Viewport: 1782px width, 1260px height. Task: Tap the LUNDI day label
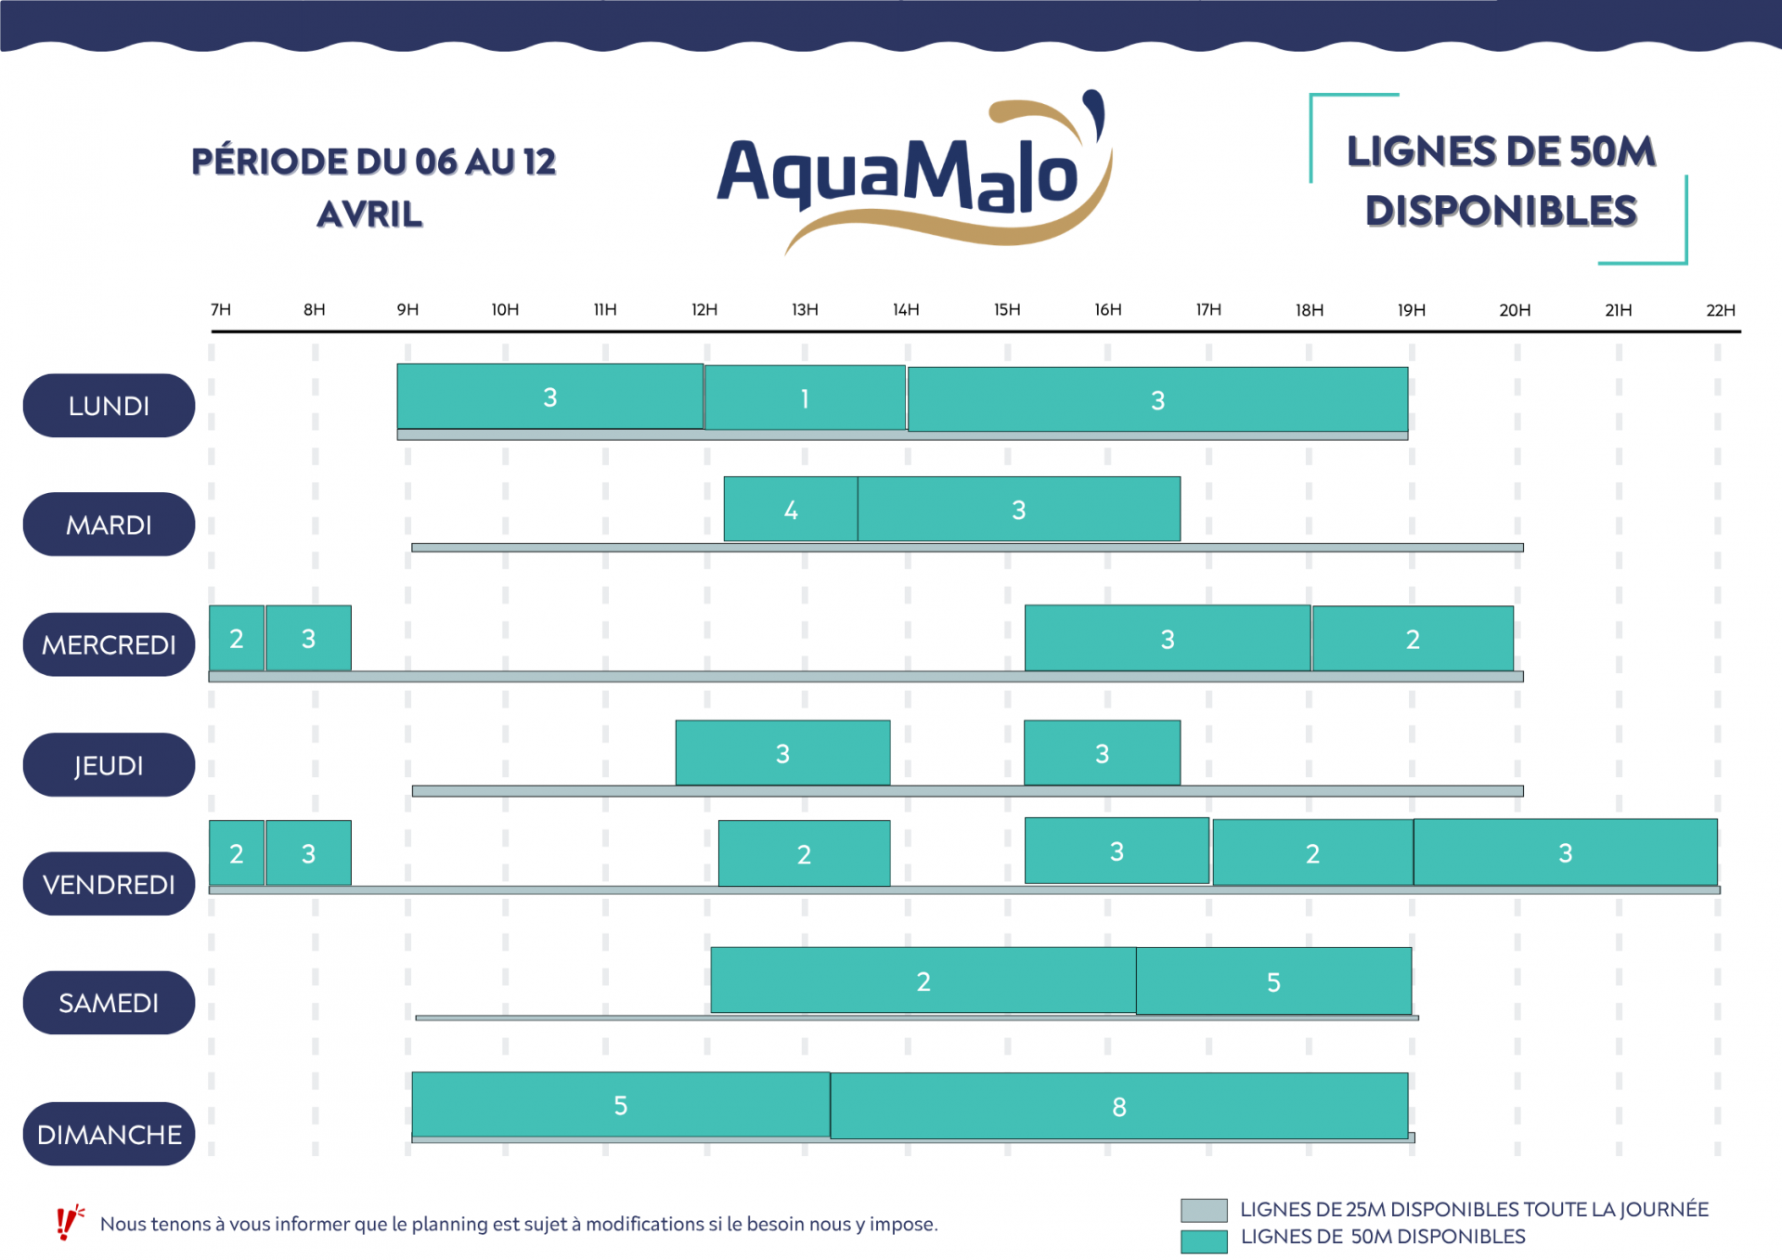[x=109, y=406]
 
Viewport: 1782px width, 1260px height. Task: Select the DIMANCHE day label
[x=109, y=1134]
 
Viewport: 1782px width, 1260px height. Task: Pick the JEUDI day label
[x=109, y=765]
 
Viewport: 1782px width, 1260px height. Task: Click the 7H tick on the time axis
[x=221, y=310]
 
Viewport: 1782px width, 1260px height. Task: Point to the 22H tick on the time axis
[x=1720, y=310]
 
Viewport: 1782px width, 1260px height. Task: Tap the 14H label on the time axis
[x=906, y=310]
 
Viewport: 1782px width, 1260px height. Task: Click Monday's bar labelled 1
[x=805, y=398]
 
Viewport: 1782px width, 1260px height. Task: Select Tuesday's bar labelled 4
[x=791, y=509]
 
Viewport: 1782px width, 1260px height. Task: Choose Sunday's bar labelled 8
[x=1119, y=1106]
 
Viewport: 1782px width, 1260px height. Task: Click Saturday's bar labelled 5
[x=1273, y=981]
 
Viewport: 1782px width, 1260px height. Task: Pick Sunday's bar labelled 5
[x=621, y=1105]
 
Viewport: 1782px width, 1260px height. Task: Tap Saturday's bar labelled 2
[x=923, y=981]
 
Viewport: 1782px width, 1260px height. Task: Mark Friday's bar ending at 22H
[x=1565, y=852]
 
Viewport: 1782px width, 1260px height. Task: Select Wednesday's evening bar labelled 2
[x=1413, y=639]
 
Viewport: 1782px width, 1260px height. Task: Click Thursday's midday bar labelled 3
[x=782, y=753]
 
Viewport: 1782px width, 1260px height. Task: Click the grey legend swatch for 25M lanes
[x=1204, y=1210]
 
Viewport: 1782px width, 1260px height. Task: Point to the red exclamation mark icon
[x=67, y=1223]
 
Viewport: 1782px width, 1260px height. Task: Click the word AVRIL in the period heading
[x=369, y=214]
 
